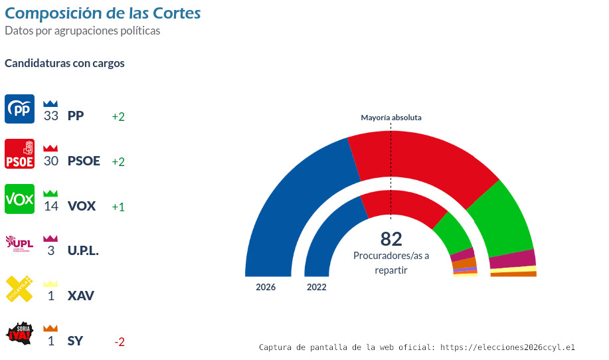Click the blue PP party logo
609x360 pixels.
[x=19, y=109]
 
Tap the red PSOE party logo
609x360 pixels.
[x=19, y=154]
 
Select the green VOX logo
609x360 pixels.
[x=19, y=199]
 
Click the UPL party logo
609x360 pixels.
[x=19, y=244]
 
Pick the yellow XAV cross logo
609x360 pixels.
[x=19, y=289]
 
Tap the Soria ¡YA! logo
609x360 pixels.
[x=19, y=334]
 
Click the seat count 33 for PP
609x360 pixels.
[x=51, y=116]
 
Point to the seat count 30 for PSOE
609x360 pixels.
[x=51, y=161]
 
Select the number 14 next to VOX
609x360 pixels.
[x=51, y=207]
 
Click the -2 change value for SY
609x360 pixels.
[x=120, y=342]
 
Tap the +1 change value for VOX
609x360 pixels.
[x=118, y=207]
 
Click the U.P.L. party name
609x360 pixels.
[x=83, y=252]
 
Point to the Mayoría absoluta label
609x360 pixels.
[x=391, y=118]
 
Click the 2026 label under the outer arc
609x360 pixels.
[x=266, y=288]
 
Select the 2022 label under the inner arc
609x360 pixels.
[x=317, y=288]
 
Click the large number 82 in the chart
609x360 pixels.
[x=391, y=239]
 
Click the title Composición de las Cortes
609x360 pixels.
[x=103, y=13]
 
